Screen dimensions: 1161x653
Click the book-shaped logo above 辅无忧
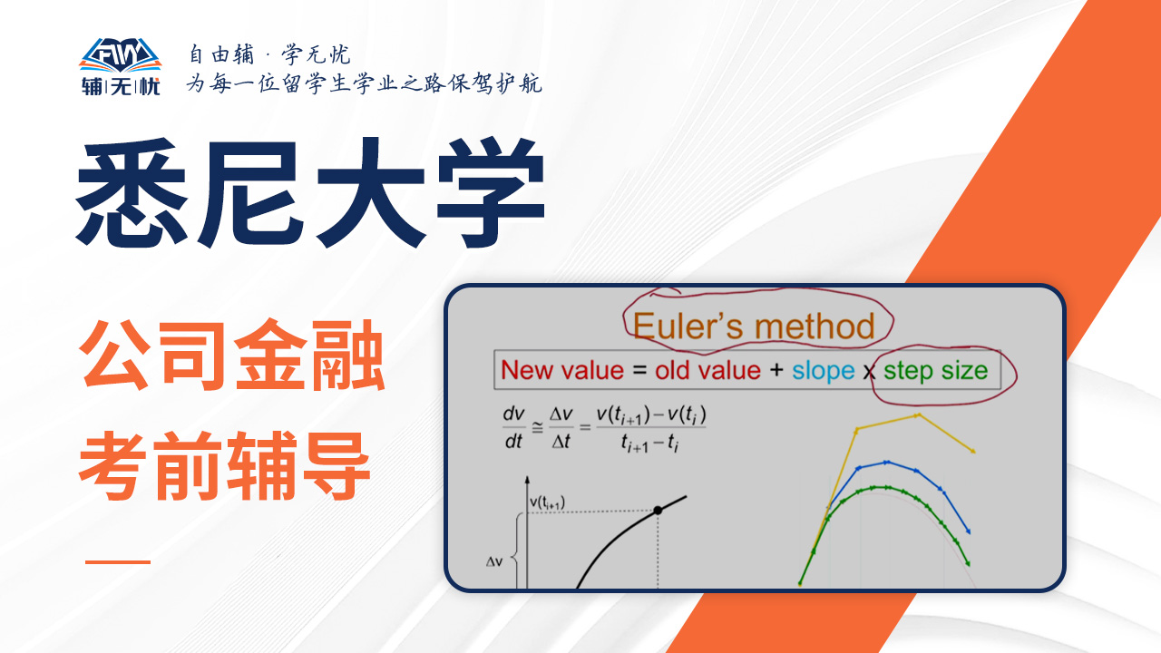[121, 55]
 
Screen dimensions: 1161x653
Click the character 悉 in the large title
[132, 192]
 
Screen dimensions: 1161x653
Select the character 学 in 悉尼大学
[491, 192]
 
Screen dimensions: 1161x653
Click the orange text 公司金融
[231, 356]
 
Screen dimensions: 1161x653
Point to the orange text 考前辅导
[224, 465]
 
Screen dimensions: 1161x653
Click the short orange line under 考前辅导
[118, 561]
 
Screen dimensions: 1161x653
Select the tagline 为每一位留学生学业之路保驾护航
[365, 83]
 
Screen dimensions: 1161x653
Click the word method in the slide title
[815, 326]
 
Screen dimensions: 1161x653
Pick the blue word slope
[823, 372]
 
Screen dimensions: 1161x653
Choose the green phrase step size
[935, 372]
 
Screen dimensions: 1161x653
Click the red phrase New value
[562, 371]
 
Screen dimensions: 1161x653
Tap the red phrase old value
[707, 371]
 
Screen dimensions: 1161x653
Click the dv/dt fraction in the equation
[513, 427]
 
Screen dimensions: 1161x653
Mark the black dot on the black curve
[658, 511]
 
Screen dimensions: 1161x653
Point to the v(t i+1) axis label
[547, 502]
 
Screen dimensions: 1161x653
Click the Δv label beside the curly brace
[494, 561]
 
